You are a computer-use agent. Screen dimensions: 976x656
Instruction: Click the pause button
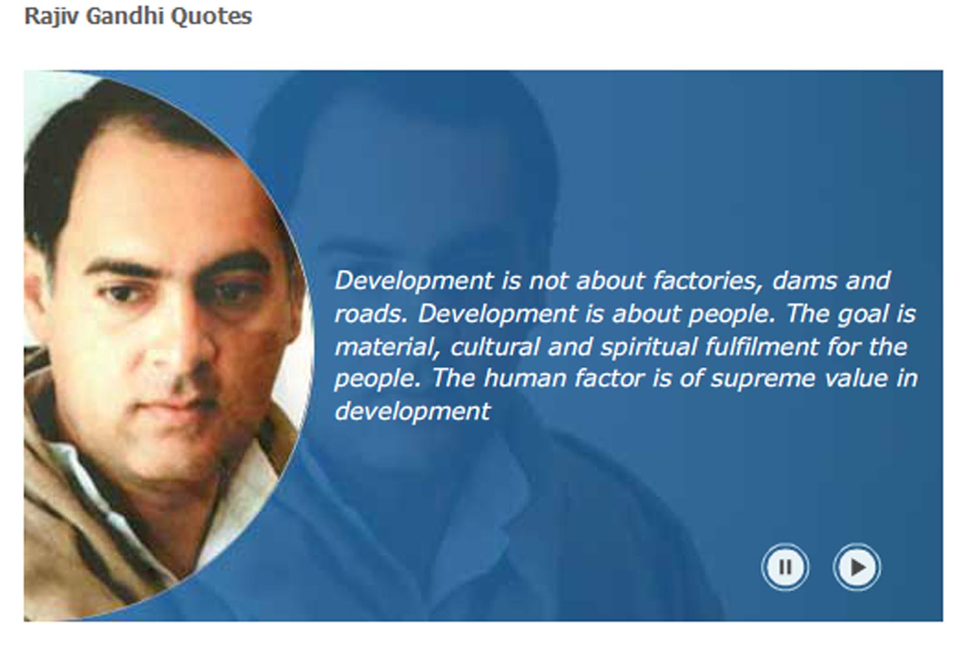coord(785,567)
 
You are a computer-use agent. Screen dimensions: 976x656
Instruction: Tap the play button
coord(857,567)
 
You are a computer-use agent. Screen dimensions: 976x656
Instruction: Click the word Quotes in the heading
coord(211,17)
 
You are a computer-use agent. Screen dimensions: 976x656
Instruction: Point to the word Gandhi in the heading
coord(125,16)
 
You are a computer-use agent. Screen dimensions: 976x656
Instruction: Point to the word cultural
coord(495,346)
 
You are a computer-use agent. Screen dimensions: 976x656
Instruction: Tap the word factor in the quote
coord(608,378)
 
